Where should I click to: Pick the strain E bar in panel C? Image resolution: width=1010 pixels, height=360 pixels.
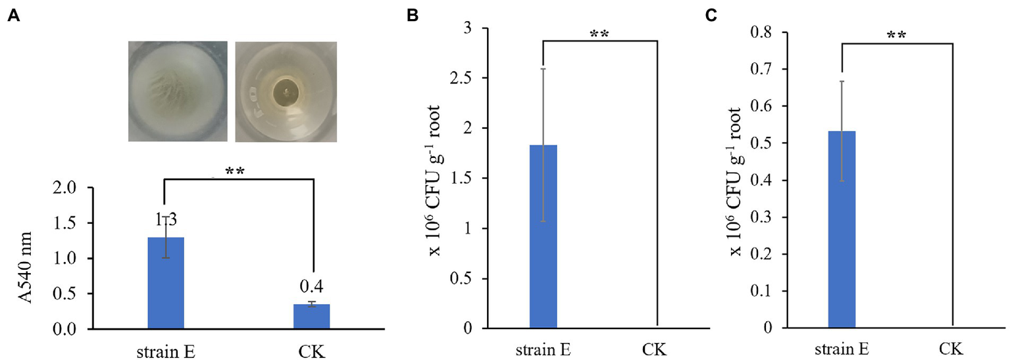(x=842, y=229)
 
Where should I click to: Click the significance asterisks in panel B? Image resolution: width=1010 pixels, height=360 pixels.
(x=599, y=34)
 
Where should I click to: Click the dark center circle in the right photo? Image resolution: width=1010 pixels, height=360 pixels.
(x=285, y=91)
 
